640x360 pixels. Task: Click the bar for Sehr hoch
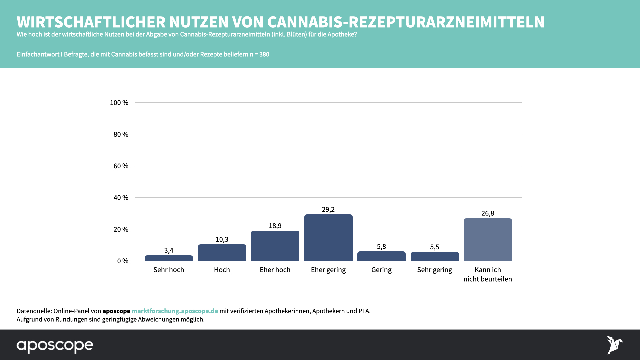[x=169, y=258]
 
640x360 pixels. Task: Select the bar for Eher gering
[x=328, y=237]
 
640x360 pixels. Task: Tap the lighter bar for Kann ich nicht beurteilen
[x=488, y=239]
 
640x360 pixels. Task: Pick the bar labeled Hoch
[x=222, y=252]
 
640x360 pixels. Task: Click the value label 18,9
[x=275, y=226]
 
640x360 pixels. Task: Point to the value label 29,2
[x=328, y=209]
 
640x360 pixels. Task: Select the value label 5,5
[x=434, y=247]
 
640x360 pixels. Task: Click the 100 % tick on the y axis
[x=119, y=103]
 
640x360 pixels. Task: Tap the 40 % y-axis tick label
[x=121, y=198]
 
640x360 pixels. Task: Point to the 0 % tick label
[x=122, y=261]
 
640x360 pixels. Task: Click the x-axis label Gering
[x=381, y=270]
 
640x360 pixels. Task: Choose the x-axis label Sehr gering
[x=434, y=270]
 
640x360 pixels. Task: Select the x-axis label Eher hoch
[x=275, y=270]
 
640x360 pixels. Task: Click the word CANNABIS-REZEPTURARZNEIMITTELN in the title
[x=406, y=22]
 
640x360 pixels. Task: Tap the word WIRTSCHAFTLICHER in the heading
[x=91, y=22]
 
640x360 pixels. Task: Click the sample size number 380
[x=264, y=54]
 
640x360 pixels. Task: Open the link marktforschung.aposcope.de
[x=175, y=311]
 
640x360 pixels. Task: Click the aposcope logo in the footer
[x=55, y=346]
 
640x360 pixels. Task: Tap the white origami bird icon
[x=614, y=345]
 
